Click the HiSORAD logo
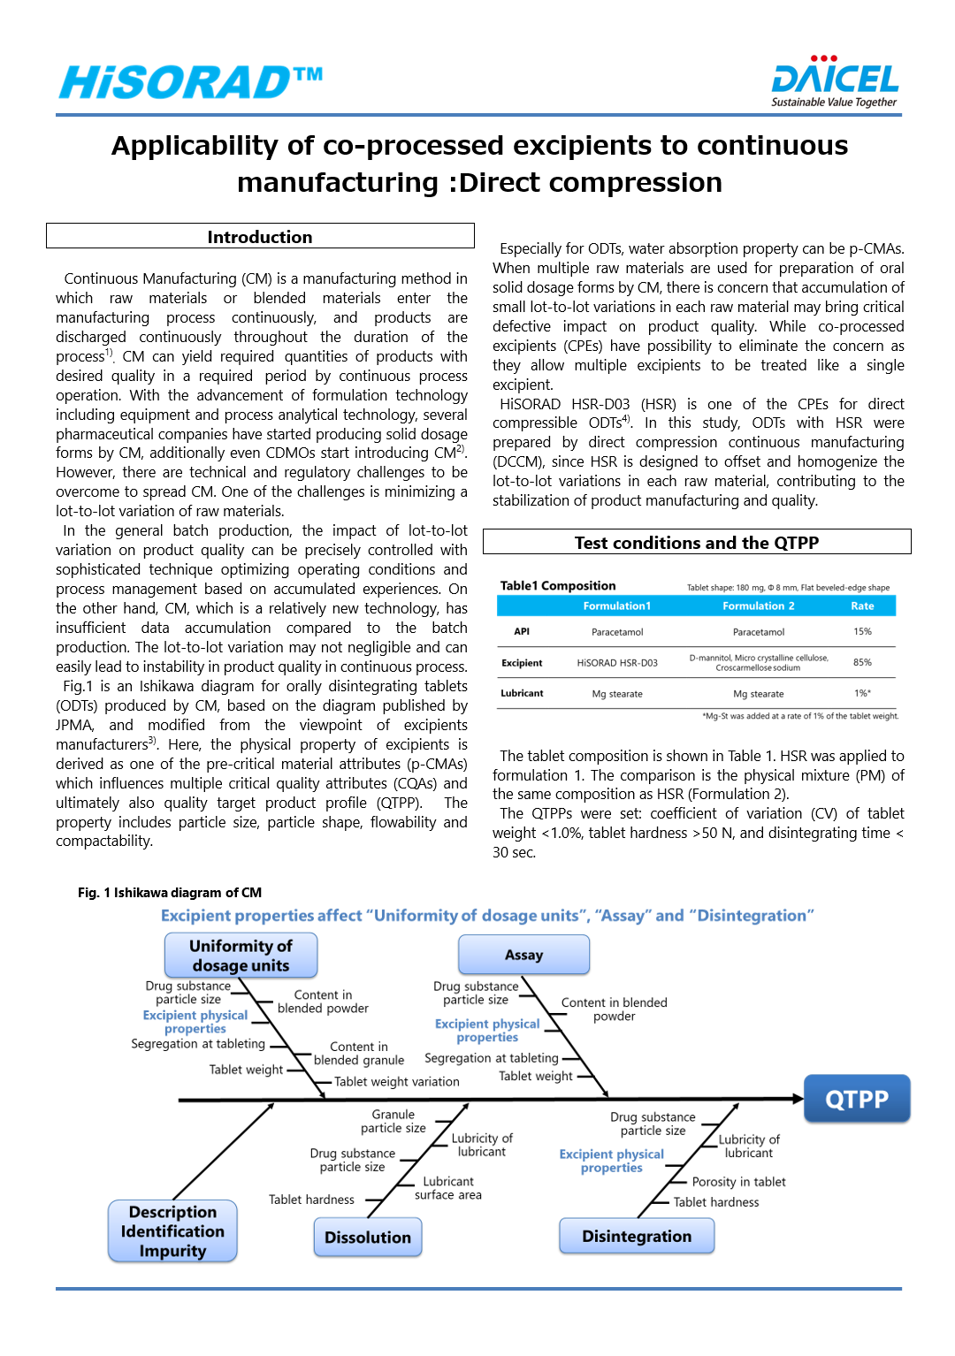click(191, 82)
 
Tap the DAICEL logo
click(835, 82)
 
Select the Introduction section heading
click(260, 237)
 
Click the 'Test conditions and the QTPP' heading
click(697, 543)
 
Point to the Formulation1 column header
click(617, 606)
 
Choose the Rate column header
click(862, 606)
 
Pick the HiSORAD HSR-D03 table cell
click(617, 663)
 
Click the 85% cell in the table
click(862, 662)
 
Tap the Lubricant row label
click(522, 693)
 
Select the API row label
click(522, 631)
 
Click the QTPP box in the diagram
click(856, 1099)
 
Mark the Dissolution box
click(368, 1238)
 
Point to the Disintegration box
click(637, 1236)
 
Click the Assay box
click(523, 955)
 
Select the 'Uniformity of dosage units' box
click(241, 956)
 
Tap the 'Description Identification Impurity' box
click(172, 1230)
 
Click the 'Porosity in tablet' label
click(738, 1182)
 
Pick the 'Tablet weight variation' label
click(397, 1082)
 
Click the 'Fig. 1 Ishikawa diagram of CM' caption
click(170, 893)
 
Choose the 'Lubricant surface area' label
click(448, 1188)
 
